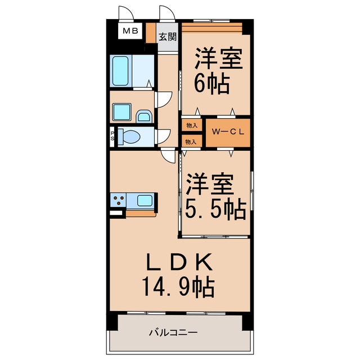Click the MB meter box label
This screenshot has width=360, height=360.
click(130, 31)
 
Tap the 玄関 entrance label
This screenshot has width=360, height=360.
click(168, 37)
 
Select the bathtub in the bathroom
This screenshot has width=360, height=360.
click(120, 71)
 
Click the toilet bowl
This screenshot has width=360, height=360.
click(129, 137)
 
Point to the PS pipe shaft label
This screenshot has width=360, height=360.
click(112, 136)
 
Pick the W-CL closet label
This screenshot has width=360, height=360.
click(228, 132)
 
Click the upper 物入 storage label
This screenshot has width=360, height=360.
click(192, 125)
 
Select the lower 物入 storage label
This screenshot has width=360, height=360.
click(191, 142)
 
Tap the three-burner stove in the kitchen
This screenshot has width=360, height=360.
click(118, 200)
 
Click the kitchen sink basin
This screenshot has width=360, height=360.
click(145, 201)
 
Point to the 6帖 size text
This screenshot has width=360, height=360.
click(212, 83)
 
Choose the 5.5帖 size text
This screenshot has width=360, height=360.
click(215, 209)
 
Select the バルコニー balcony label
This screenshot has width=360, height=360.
click(174, 332)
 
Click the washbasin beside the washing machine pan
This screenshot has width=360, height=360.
click(144, 116)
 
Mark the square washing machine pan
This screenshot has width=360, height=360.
click(121, 112)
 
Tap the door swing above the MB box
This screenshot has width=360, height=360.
click(126, 13)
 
